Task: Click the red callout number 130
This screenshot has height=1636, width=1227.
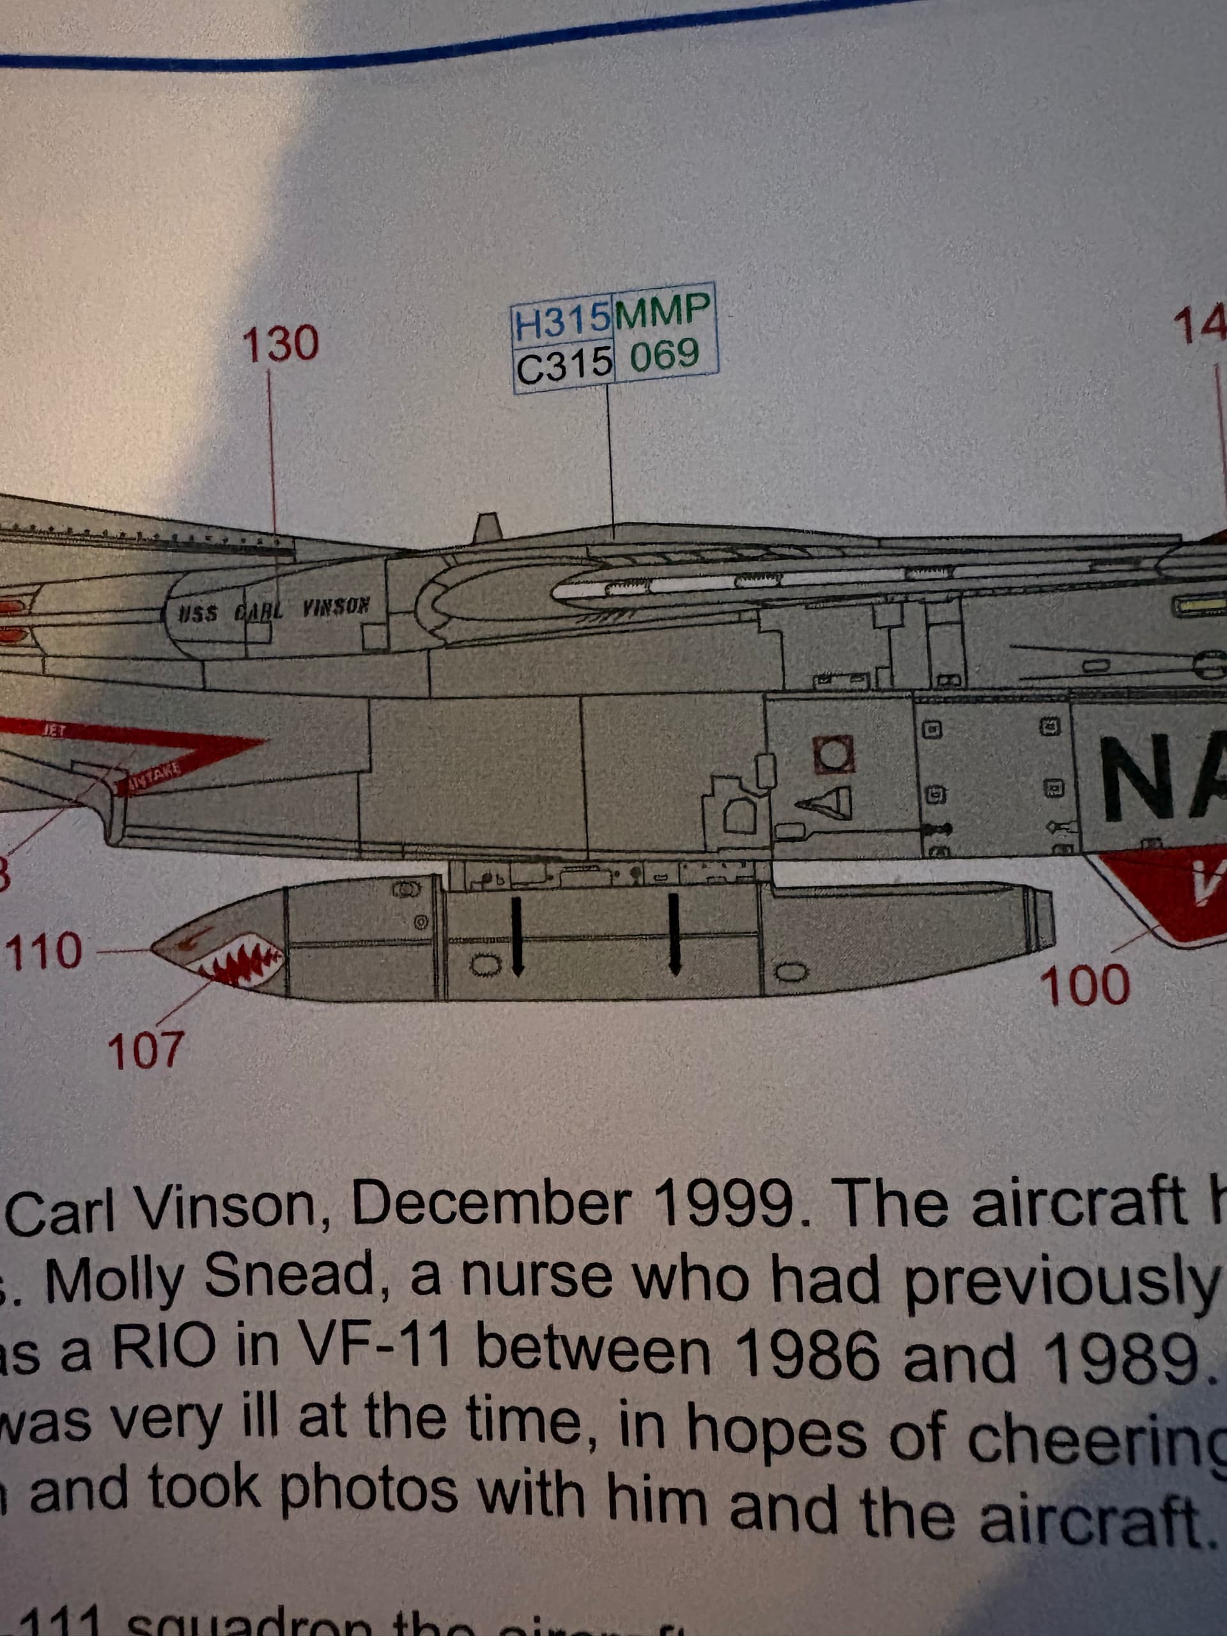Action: tap(281, 344)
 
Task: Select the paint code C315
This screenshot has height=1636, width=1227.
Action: tap(564, 366)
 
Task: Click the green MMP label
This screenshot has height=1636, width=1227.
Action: tap(663, 311)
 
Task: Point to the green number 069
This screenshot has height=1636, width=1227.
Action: tap(664, 356)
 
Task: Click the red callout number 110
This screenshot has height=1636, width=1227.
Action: tap(44, 950)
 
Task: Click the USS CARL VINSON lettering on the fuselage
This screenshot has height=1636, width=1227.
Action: tap(273, 611)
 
